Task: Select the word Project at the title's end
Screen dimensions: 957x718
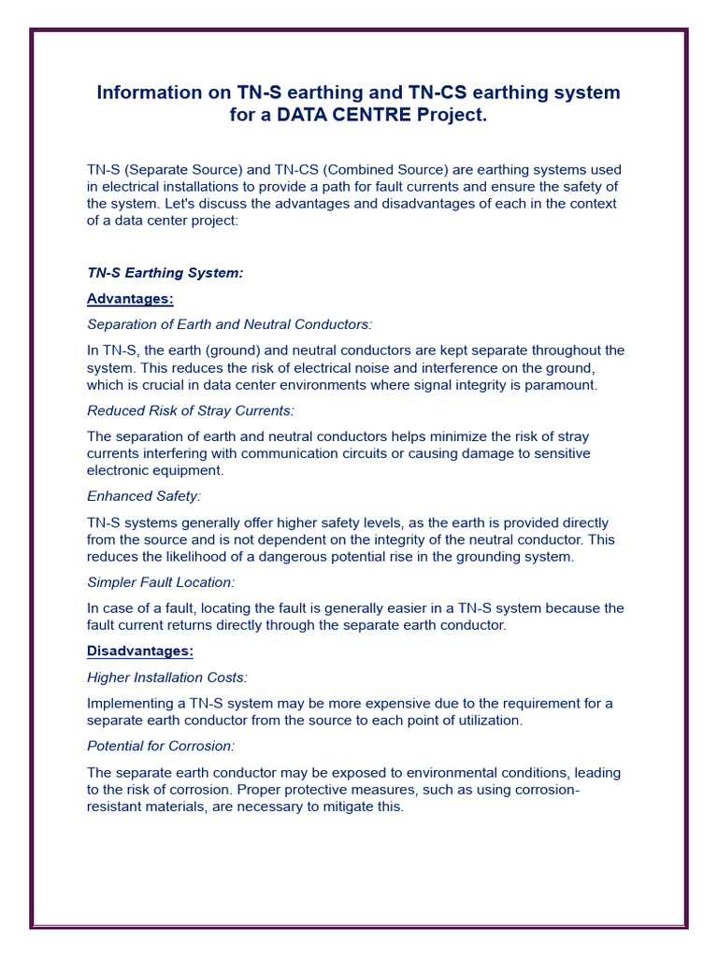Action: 452,116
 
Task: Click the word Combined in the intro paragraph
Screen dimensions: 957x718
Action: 348,170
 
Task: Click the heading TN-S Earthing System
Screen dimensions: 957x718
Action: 165,273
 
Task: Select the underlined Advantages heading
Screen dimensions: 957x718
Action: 130,299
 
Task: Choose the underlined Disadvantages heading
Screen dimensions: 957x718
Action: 140,650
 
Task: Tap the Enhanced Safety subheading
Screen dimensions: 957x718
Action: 144,496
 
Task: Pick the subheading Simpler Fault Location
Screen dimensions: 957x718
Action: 160,582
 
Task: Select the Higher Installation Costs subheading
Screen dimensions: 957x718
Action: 167,677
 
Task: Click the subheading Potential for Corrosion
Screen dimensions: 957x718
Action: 161,746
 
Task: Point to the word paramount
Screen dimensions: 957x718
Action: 564,384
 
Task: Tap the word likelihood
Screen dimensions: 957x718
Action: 198,556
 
